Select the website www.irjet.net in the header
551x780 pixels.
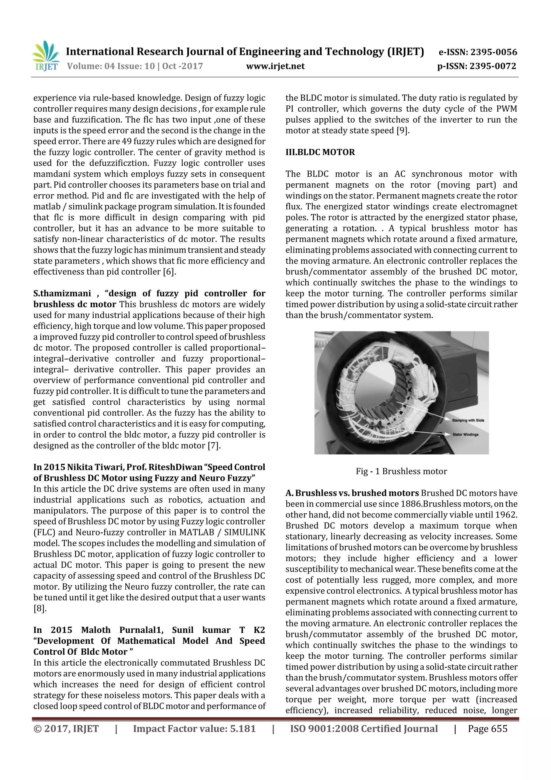[275, 66]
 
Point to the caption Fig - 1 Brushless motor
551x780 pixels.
[401, 471]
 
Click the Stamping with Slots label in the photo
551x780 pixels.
[468, 420]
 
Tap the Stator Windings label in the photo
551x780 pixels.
[465, 435]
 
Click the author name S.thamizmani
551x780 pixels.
[62, 293]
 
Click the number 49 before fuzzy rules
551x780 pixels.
[126, 141]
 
